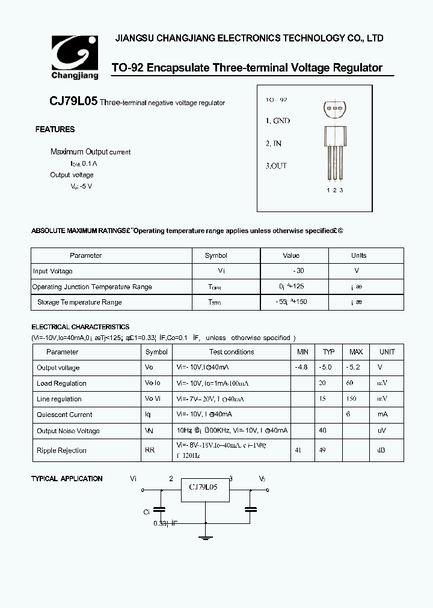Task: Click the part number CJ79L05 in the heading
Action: pos(73,102)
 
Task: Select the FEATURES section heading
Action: pos(55,129)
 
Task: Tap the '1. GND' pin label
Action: pos(278,121)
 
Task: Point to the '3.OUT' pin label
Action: pos(277,166)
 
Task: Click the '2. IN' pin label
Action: pos(274,144)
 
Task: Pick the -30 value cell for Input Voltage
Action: pos(291,271)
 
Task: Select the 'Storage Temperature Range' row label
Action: pos(79,302)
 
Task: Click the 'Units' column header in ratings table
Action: pos(358,255)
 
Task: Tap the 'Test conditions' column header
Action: pos(232,352)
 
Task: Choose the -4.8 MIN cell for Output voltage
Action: pos(302,367)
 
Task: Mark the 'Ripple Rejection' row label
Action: pos(62,450)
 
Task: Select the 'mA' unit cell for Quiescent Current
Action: pos(382,415)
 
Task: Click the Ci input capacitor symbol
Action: pos(160,509)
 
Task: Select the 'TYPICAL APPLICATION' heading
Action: pos(67,479)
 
